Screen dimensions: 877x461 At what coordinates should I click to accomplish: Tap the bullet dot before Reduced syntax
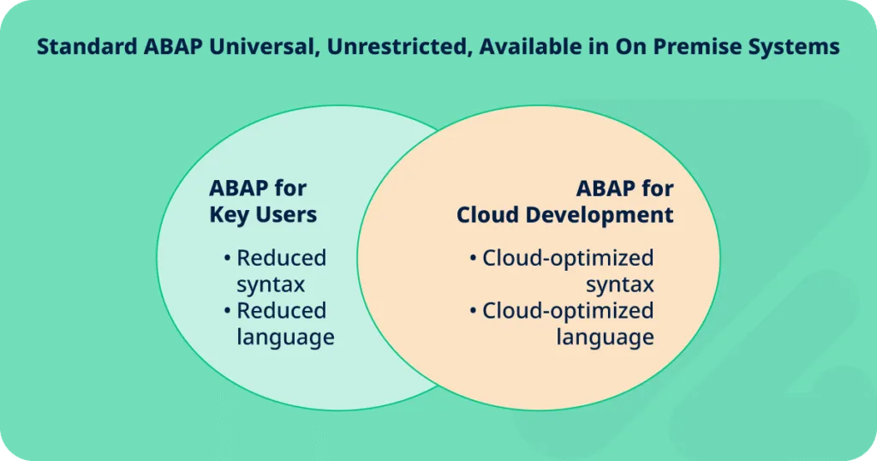[x=227, y=259]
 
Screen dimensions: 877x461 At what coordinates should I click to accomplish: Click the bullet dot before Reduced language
[x=227, y=311]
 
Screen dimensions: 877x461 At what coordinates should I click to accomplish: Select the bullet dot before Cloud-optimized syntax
[x=473, y=259]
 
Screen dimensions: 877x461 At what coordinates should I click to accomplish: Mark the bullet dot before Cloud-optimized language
[x=473, y=311]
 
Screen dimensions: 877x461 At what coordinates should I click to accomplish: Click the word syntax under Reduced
[x=271, y=285]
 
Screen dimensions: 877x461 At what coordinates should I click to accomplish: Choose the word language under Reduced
[x=286, y=338]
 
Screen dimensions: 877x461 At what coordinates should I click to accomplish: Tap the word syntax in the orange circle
[x=620, y=285]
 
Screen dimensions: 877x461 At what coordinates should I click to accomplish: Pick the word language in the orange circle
[x=606, y=338]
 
